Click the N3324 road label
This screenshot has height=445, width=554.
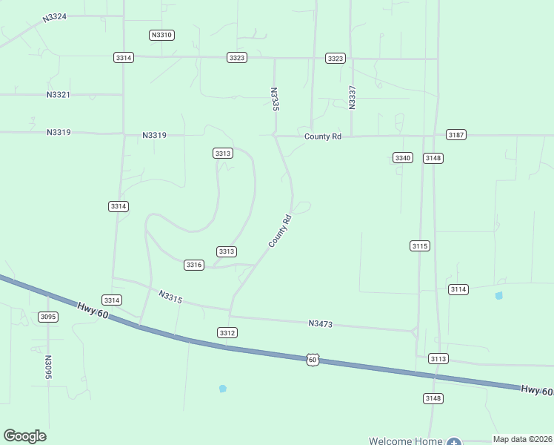pyautogui.click(x=55, y=16)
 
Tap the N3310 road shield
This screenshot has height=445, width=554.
pyautogui.click(x=161, y=35)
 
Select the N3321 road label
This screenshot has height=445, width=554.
pyautogui.click(x=58, y=95)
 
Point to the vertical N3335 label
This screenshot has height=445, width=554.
pyautogui.click(x=275, y=99)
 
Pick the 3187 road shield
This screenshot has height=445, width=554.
pyautogui.click(x=455, y=134)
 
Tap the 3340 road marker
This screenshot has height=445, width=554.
pyautogui.click(x=402, y=158)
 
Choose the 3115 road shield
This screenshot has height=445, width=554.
pyautogui.click(x=420, y=245)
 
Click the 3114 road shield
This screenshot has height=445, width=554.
pyautogui.click(x=458, y=289)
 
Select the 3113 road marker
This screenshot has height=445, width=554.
pyautogui.click(x=438, y=359)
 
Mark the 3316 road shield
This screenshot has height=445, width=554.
pyautogui.click(x=194, y=265)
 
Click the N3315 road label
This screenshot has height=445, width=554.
pyautogui.click(x=170, y=297)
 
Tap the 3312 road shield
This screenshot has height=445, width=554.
pyautogui.click(x=227, y=333)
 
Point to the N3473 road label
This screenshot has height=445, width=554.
pyautogui.click(x=321, y=323)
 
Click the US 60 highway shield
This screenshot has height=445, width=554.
pyautogui.click(x=313, y=360)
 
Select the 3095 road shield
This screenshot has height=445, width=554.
pyautogui.click(x=48, y=317)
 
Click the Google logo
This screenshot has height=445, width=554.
pyautogui.click(x=24, y=436)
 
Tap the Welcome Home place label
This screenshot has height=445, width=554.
pyautogui.click(x=405, y=441)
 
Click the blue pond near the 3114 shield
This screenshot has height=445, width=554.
pyautogui.click(x=498, y=296)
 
